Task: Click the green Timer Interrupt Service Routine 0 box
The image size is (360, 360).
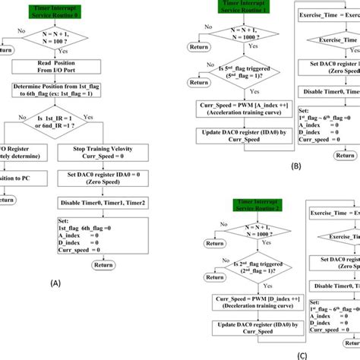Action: click(x=58, y=9)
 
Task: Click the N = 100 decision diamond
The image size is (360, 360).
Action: click(x=58, y=38)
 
